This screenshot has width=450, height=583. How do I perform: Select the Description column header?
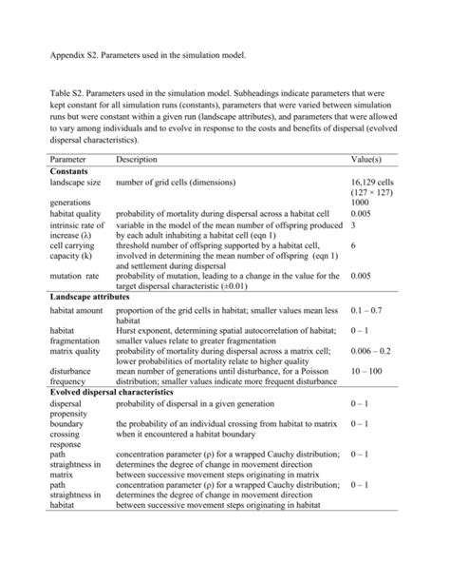coord(137,159)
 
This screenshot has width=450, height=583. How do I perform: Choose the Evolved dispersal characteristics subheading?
coord(112,391)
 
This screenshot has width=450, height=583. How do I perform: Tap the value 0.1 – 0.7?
coord(368,311)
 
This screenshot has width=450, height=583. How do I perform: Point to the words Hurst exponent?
coord(141,330)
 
